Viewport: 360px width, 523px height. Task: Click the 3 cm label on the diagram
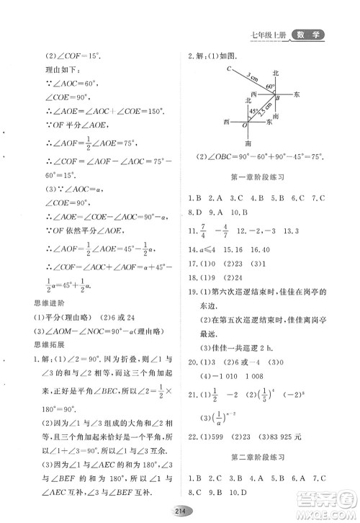[251, 76]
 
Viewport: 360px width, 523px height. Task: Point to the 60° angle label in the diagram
[270, 86]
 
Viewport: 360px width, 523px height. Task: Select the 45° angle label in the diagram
[253, 112]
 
